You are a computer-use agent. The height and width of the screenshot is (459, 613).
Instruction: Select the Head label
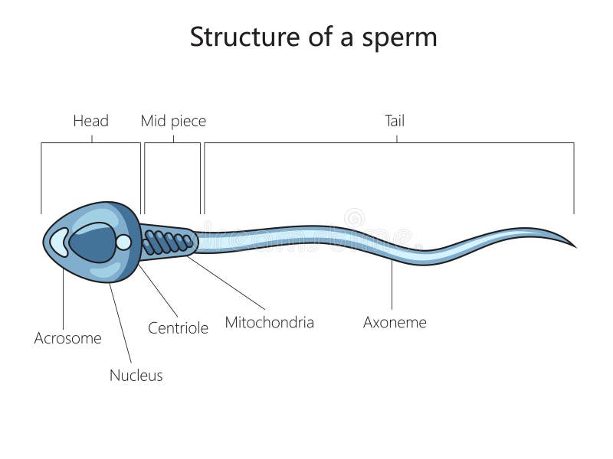click(x=90, y=120)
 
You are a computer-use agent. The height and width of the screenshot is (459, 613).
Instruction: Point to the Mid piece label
click(x=173, y=120)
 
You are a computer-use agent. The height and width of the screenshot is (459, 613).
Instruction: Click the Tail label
click(x=395, y=120)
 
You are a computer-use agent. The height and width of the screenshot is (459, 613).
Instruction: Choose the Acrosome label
click(x=67, y=337)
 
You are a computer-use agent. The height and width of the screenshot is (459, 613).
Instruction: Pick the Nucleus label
click(x=136, y=375)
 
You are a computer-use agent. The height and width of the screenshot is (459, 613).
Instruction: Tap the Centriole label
click(x=178, y=328)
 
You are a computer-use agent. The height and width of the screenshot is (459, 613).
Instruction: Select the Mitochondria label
click(x=269, y=322)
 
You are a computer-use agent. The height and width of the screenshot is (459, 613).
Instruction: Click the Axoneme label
click(x=395, y=322)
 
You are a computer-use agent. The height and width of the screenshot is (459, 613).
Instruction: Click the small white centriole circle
click(x=123, y=243)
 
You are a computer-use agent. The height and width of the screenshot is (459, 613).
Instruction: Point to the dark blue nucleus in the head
click(x=90, y=243)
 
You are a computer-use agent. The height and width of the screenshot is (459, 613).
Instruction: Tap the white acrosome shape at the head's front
click(x=57, y=243)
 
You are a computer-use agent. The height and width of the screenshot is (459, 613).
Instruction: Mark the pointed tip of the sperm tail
click(x=575, y=247)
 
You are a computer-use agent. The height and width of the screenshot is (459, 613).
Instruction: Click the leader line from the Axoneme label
click(x=392, y=285)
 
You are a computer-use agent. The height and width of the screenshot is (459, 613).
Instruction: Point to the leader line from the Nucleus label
click(x=120, y=321)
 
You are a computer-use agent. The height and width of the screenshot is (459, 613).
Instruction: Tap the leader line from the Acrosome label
click(x=63, y=298)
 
